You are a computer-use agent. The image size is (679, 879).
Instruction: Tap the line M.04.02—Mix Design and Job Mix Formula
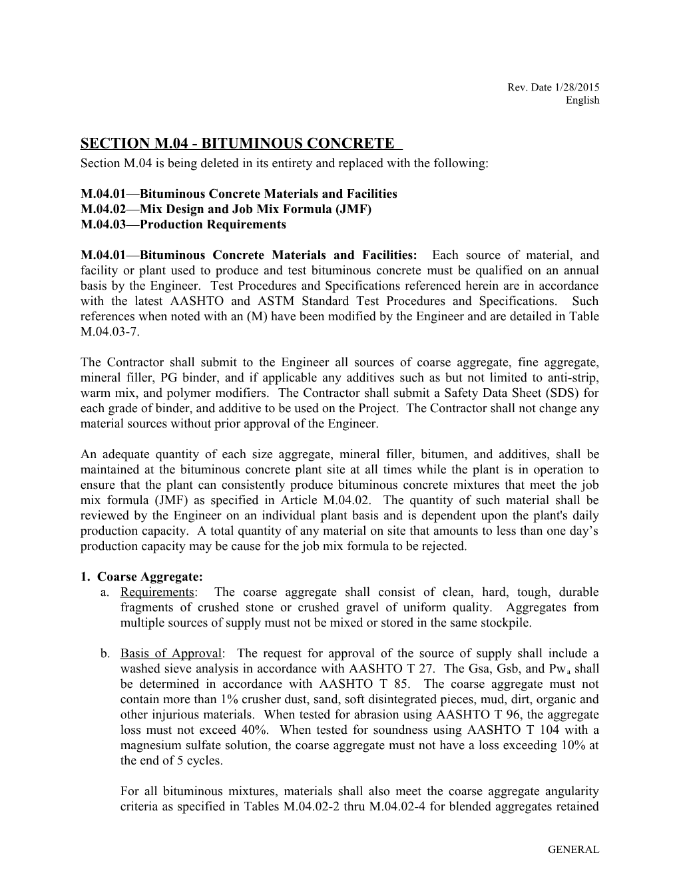226,209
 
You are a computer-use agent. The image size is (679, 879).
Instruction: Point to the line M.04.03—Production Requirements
183,224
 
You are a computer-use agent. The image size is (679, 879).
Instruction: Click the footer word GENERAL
573,850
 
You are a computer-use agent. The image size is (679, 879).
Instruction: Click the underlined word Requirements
157,592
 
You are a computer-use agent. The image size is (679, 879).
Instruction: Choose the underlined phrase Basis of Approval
170,653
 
